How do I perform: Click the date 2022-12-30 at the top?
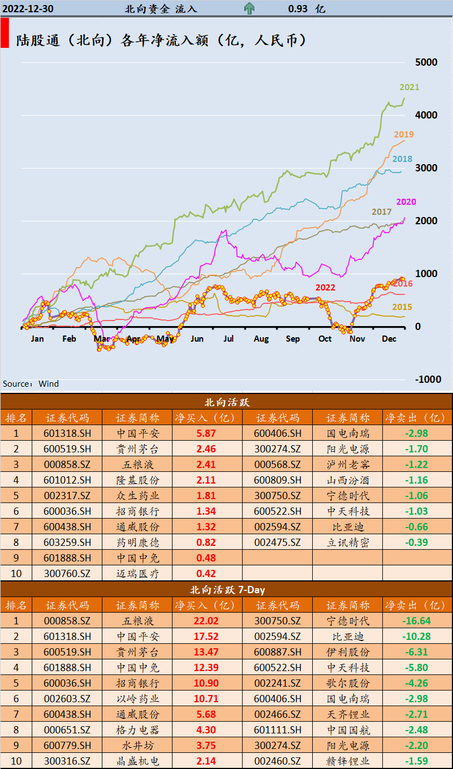pos(28,9)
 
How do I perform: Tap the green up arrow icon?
pos(249,9)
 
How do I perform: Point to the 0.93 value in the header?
pos(299,9)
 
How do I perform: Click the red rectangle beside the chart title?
pos(4,33)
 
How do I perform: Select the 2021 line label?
pos(409,87)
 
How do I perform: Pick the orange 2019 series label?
pos(403,135)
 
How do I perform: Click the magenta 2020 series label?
pos(406,202)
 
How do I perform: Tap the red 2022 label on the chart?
pos(326,288)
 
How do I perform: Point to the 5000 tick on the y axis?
pos(427,62)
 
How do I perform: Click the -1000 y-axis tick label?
pos(428,379)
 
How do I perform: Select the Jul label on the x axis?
pos(229,339)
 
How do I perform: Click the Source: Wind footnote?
pos(31,384)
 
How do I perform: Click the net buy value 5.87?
pos(206,433)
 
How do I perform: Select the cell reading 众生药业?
pos(137,496)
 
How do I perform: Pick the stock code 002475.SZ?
pos(277,543)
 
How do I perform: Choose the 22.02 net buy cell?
pos(206,621)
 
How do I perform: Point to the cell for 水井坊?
pos(137,746)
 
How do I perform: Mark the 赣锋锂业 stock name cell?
pos(347,761)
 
